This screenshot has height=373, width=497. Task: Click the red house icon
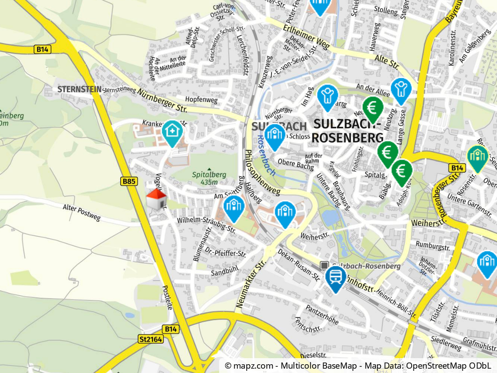pos(156,200)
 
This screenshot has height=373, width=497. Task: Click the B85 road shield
pos(129,181)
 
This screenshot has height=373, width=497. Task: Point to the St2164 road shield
pos(151,339)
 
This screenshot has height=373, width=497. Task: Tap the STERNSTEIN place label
pos(79,90)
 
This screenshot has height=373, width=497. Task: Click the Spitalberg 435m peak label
pos(209,178)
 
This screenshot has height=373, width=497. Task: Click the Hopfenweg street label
pos(201,100)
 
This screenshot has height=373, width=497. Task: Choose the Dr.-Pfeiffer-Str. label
pos(226,253)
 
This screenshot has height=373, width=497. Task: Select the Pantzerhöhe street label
pos(322,315)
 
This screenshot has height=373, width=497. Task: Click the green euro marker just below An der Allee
pos(372,108)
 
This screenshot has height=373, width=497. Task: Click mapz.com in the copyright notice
pos(249,366)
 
